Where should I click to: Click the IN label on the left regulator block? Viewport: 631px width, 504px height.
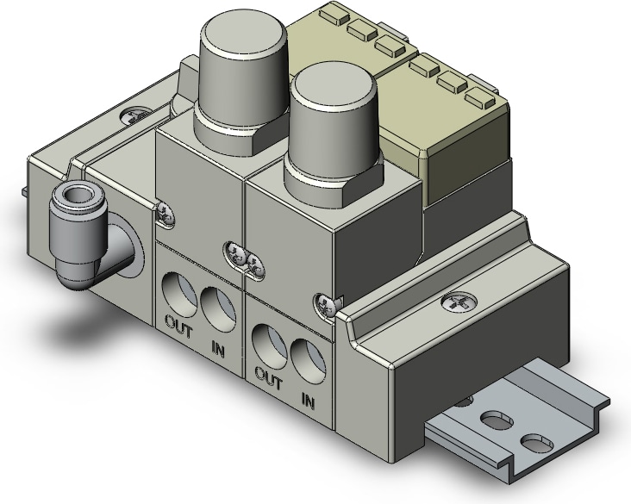[x=218, y=348]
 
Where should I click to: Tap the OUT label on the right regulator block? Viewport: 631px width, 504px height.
[x=269, y=379]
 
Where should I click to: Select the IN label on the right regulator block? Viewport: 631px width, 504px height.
[x=308, y=401]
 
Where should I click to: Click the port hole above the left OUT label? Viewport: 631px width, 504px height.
[x=179, y=294]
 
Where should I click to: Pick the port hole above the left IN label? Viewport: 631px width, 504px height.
[x=218, y=310]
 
